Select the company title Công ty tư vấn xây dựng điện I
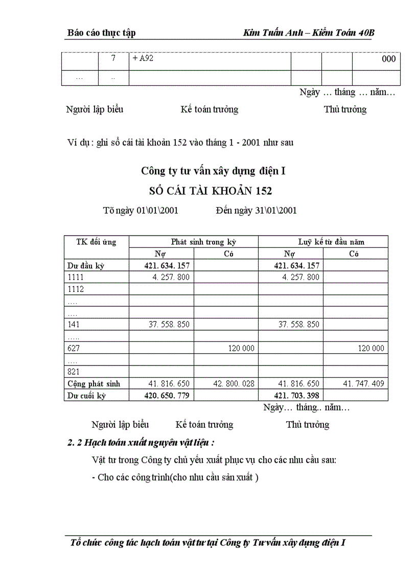coord(213,171)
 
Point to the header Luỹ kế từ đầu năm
coord(331,242)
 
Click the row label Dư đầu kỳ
coord(86,265)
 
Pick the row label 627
coord(74,348)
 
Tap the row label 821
coord(74,372)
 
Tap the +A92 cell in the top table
coord(144,59)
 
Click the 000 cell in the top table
coord(388,59)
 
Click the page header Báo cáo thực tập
coord(101,33)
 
